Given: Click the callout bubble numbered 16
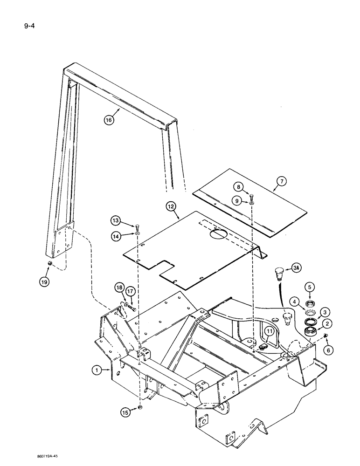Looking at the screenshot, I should (x=109, y=120).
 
